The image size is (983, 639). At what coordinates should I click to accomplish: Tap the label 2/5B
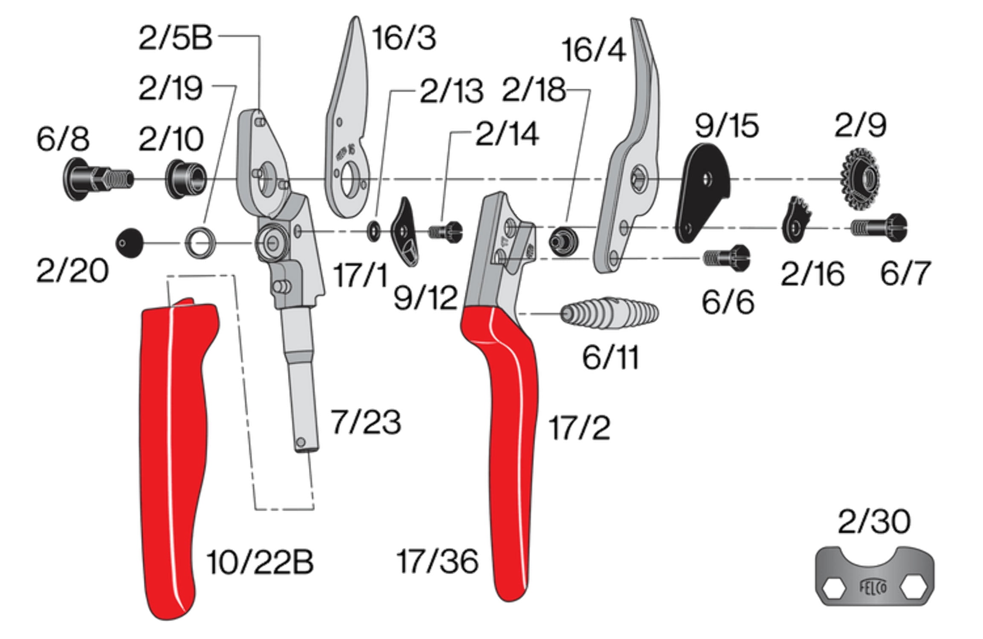point(175,37)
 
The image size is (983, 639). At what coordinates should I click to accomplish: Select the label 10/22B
point(260,562)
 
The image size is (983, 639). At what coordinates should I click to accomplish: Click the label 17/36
point(437,561)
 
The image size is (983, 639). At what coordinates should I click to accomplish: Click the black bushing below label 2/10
point(186,179)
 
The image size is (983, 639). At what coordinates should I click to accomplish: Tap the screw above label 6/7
point(879,227)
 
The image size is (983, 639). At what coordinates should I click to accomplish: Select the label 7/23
point(366,422)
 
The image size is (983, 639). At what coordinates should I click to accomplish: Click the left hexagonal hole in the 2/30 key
point(829,590)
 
